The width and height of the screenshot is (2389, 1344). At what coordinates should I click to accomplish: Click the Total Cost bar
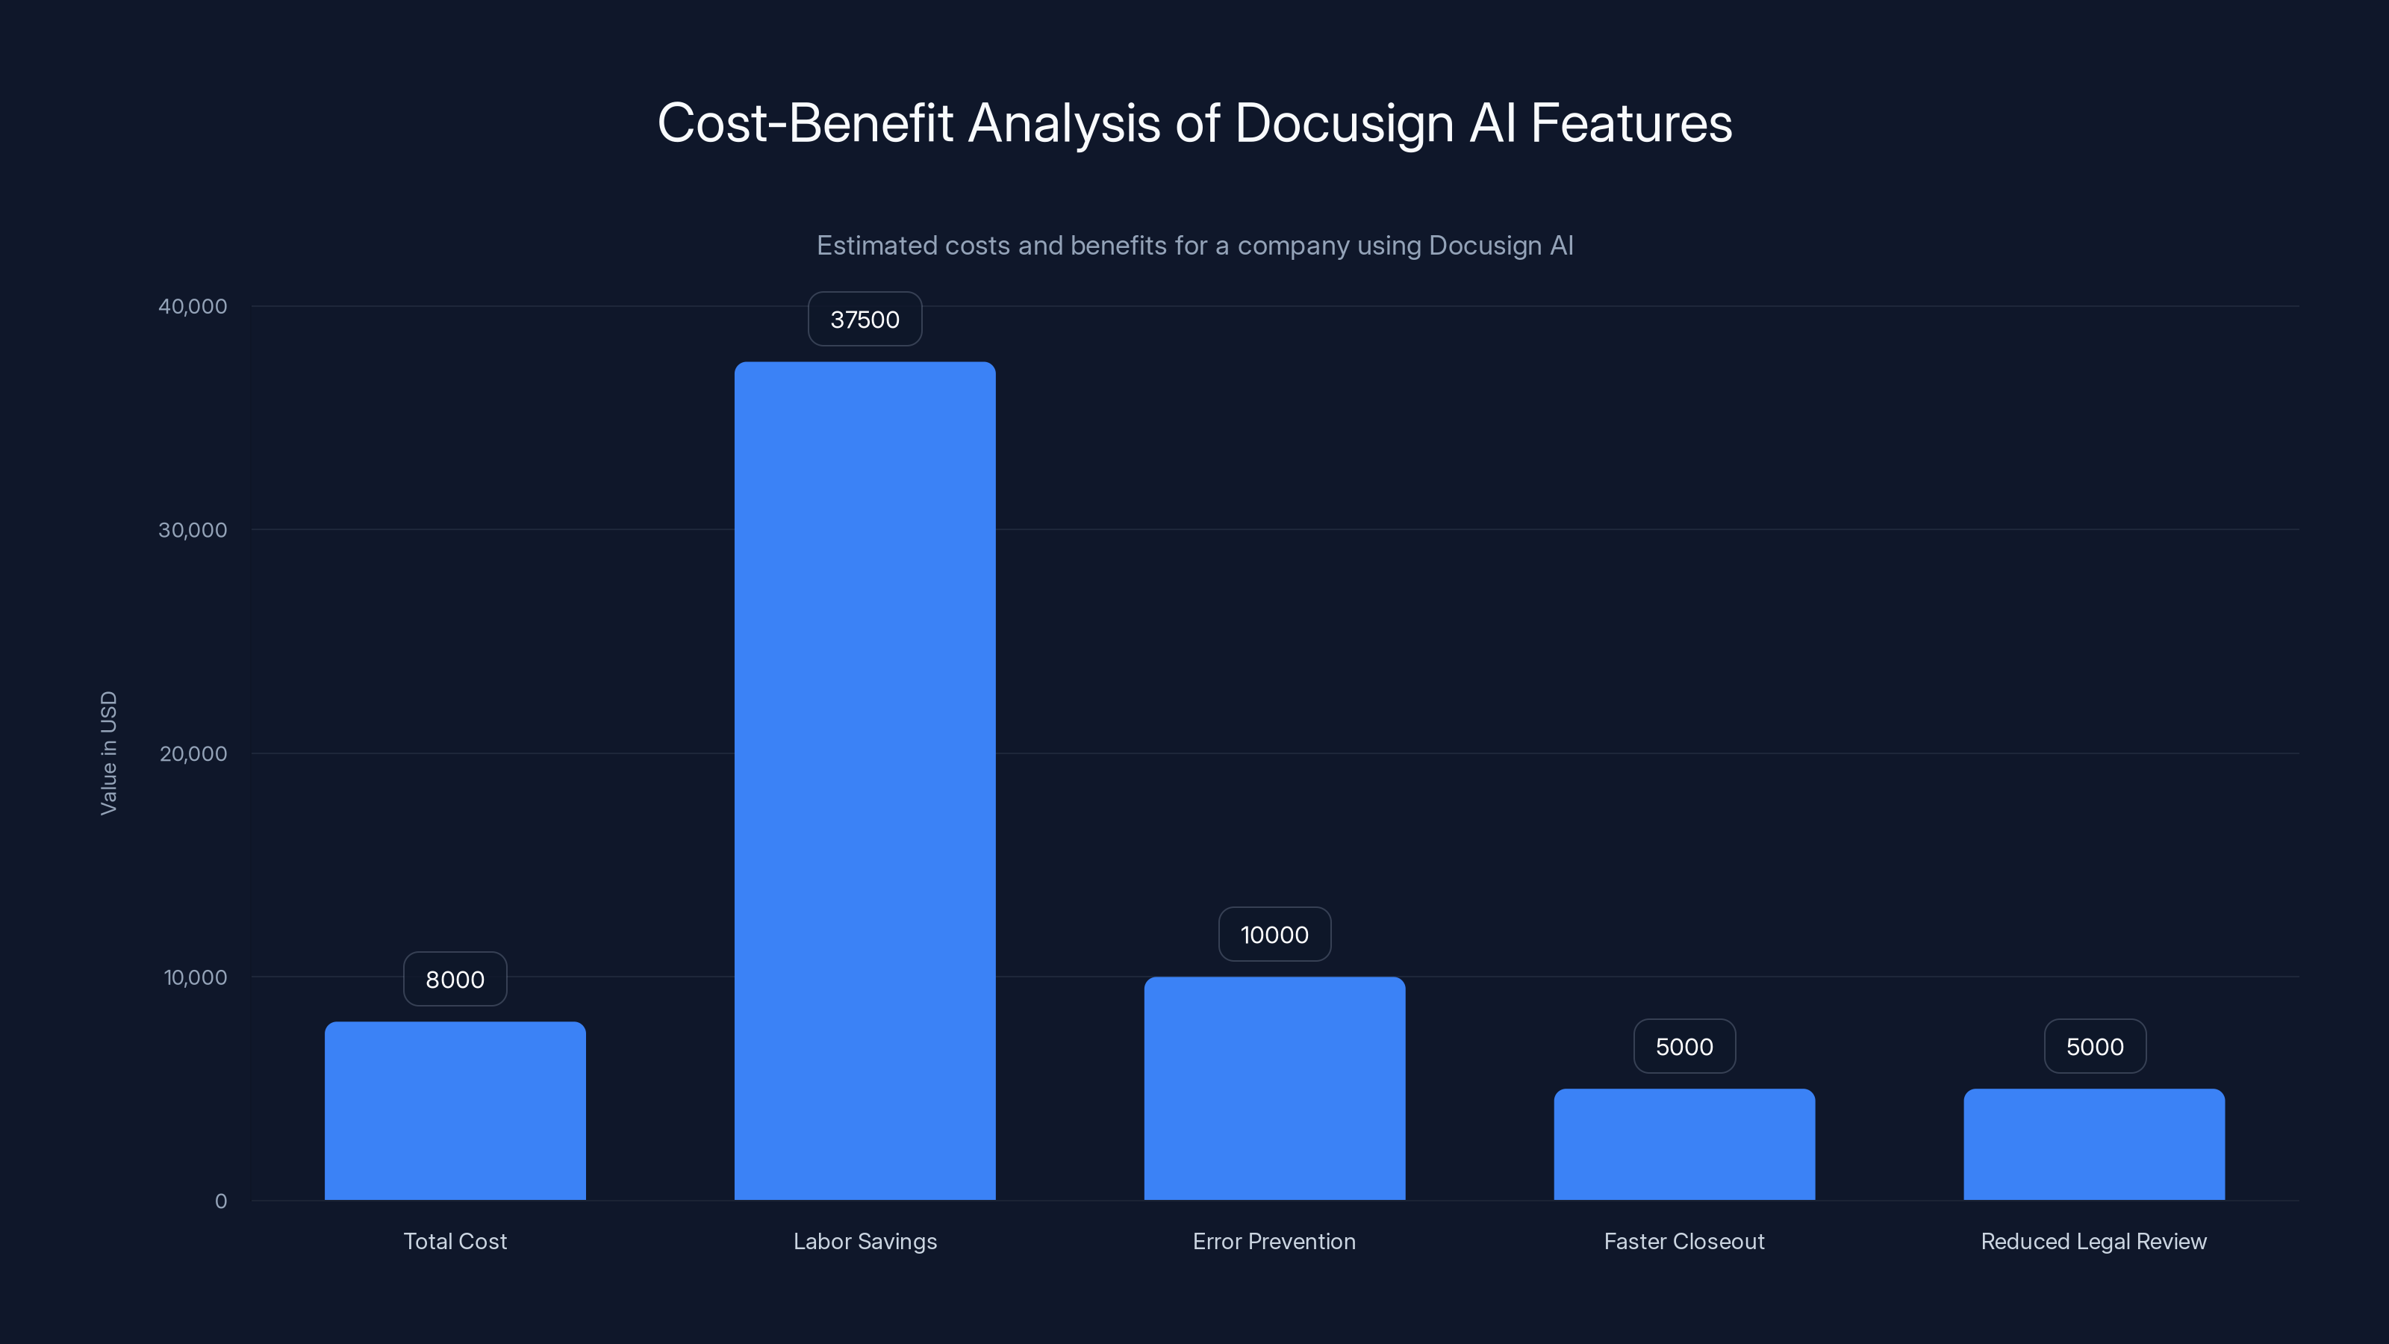click(x=455, y=1110)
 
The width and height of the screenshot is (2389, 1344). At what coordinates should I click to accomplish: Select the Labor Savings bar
click(x=865, y=780)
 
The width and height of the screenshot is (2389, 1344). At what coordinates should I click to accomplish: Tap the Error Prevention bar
click(x=1274, y=1088)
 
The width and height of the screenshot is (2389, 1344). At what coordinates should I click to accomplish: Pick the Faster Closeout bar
click(x=1684, y=1144)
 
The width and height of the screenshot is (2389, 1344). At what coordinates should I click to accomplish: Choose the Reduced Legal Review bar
click(x=2094, y=1144)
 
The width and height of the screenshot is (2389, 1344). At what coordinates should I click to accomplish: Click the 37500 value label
click(x=865, y=319)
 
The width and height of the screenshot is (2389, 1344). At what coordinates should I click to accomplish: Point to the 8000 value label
click(x=455, y=980)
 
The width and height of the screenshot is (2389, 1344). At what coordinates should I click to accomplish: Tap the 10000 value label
click(x=1274, y=934)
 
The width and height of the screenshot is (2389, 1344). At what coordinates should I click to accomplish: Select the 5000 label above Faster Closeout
click(x=1684, y=1046)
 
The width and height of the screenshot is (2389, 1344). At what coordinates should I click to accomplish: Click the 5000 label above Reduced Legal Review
click(x=2094, y=1046)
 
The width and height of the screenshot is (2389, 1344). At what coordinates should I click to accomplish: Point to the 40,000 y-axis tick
click(x=192, y=306)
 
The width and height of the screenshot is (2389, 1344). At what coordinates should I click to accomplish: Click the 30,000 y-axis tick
click(x=192, y=529)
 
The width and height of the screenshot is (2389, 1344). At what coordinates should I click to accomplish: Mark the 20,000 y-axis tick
click(x=192, y=753)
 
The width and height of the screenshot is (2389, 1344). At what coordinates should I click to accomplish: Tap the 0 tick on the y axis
click(x=221, y=1201)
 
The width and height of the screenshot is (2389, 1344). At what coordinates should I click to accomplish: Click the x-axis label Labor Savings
click(x=865, y=1241)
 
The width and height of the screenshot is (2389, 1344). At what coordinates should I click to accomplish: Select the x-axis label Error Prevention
click(x=1274, y=1241)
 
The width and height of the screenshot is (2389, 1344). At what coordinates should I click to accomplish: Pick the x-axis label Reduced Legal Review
click(x=2094, y=1241)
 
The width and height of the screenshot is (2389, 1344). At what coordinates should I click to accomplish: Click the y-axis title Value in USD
click(x=108, y=753)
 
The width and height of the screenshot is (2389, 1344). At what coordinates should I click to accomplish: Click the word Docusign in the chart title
click(x=1344, y=123)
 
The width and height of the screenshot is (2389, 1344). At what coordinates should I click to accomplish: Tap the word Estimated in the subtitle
click(x=876, y=246)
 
